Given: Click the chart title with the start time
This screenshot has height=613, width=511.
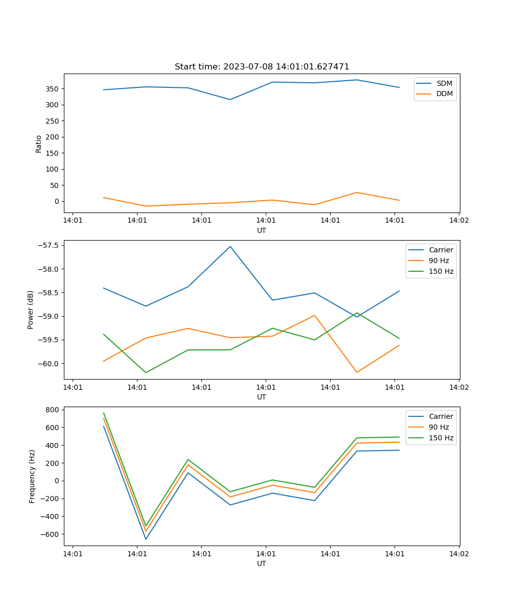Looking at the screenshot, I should tap(262, 67).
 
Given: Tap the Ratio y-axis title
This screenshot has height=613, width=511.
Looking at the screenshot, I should tap(39, 144).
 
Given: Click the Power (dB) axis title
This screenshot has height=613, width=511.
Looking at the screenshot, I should tap(31, 310).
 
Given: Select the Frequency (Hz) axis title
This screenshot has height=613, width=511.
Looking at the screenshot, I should tap(32, 476).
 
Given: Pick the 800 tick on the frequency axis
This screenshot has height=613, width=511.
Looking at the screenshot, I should tap(53, 410).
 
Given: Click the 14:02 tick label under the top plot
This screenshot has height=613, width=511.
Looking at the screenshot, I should tap(458, 221).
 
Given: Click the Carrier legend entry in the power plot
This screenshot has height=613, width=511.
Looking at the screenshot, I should tap(440, 250).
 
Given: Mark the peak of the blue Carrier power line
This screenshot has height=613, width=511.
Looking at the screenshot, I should tap(230, 246).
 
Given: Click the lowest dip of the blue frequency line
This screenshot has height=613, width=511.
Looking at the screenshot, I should tap(146, 539).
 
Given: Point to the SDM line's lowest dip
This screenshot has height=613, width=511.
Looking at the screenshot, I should tap(230, 100).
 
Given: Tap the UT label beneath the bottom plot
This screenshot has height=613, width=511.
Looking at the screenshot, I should tap(262, 563).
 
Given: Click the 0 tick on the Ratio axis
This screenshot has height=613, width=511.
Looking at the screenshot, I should tap(57, 201).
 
